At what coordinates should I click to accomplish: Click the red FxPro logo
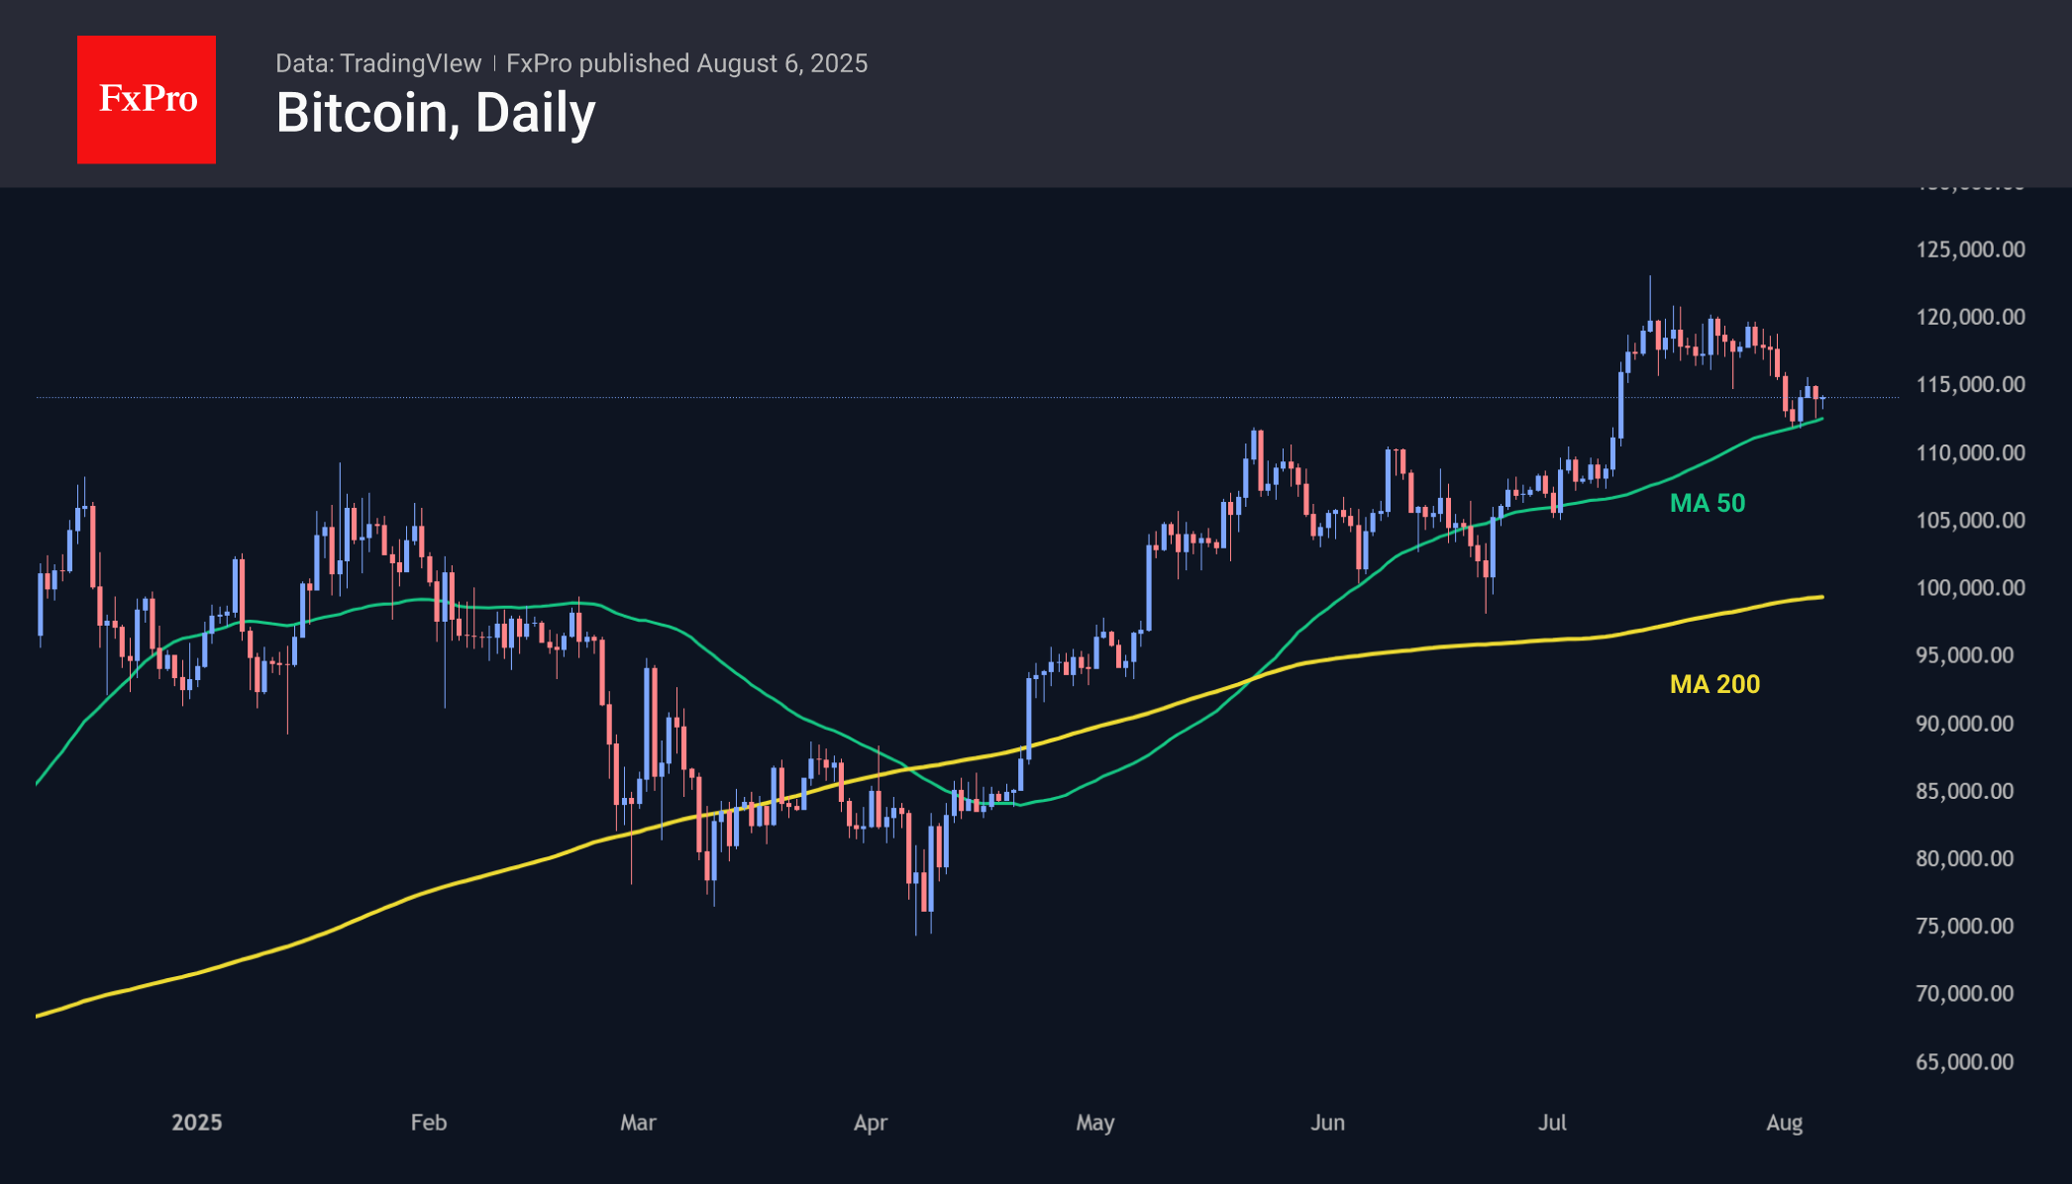(x=147, y=99)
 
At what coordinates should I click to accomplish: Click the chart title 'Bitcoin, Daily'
(x=436, y=113)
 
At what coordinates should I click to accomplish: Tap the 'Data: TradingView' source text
(x=378, y=63)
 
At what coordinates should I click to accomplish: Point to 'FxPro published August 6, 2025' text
(x=686, y=63)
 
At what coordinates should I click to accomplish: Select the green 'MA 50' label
(x=1708, y=503)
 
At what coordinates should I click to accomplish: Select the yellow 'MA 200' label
(x=1714, y=684)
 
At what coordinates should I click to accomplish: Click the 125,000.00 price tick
(x=1970, y=249)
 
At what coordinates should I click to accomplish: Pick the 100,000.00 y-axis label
(x=1970, y=588)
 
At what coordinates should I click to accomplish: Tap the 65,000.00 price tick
(x=1964, y=1062)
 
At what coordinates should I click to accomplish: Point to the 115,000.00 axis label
(x=1970, y=384)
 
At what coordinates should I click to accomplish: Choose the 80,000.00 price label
(x=1964, y=858)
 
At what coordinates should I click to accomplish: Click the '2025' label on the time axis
(x=196, y=1123)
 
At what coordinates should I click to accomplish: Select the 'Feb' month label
(x=429, y=1123)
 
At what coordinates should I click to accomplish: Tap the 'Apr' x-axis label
(x=871, y=1123)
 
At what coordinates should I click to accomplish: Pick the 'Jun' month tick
(x=1327, y=1123)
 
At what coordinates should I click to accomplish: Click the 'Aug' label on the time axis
(x=1785, y=1123)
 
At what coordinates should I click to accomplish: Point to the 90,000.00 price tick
(x=1964, y=724)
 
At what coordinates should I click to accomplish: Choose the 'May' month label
(x=1095, y=1123)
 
